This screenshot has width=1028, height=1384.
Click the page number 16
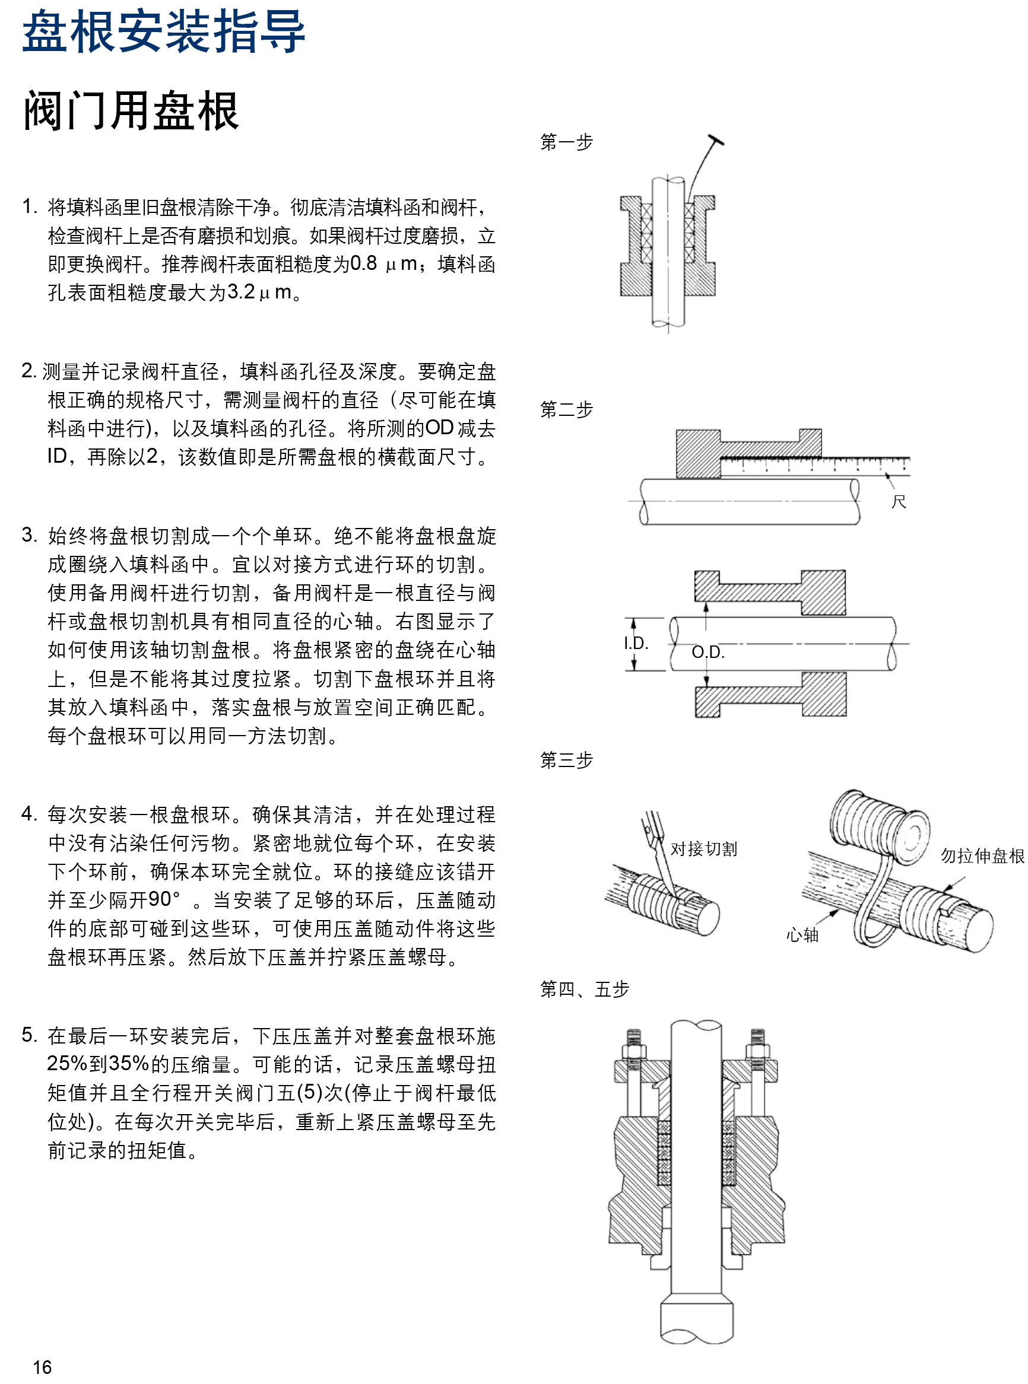(42, 1367)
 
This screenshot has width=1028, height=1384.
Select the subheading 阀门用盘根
(131, 111)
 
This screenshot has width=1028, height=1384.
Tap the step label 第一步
(566, 142)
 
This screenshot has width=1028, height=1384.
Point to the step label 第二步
(566, 409)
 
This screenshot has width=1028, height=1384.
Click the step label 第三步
(566, 759)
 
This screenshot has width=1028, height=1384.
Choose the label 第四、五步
(584, 989)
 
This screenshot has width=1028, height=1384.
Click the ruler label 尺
(898, 501)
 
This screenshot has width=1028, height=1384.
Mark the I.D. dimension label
(636, 643)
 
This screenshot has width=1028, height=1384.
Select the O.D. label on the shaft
(708, 652)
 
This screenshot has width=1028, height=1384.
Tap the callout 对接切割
(704, 848)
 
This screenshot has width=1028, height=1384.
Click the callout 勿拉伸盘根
(982, 856)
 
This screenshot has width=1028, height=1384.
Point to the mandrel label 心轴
(802, 935)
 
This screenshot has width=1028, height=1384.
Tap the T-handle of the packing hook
(716, 140)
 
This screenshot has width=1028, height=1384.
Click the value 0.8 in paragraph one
(363, 264)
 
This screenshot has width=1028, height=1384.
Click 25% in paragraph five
(66, 1064)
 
